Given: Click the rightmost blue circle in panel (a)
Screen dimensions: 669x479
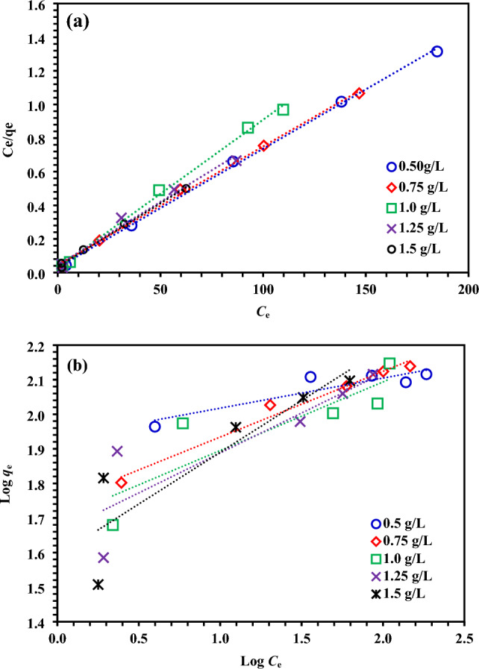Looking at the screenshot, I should click(x=437, y=51).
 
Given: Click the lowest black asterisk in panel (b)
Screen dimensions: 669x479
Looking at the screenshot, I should click(x=98, y=585).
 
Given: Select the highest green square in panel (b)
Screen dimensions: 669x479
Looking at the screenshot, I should click(x=389, y=363).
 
